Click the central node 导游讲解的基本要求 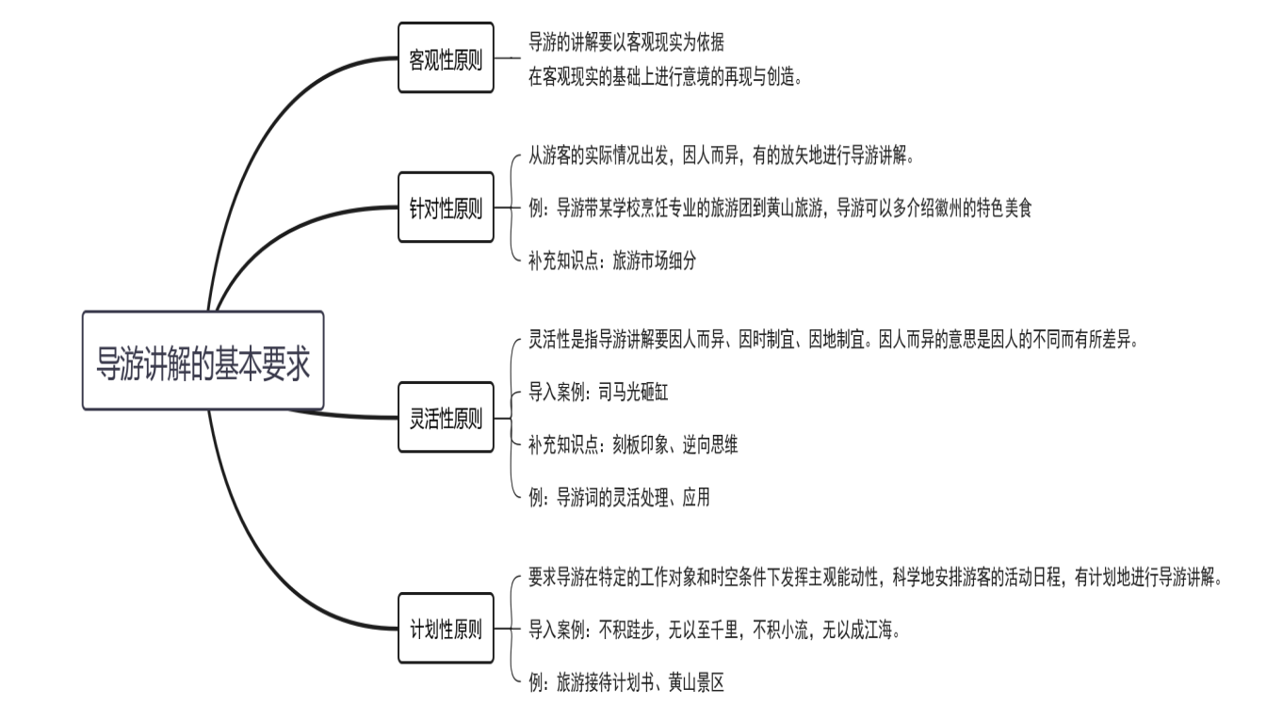click(203, 361)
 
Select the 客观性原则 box click(446, 57)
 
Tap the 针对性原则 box click(446, 208)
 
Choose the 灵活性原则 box click(446, 417)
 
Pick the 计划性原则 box click(446, 628)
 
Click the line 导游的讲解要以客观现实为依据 click(626, 42)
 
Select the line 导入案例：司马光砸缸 click(598, 393)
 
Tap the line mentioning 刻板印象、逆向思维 click(633, 445)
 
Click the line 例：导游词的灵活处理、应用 click(619, 498)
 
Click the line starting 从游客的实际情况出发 click(722, 156)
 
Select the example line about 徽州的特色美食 click(780, 208)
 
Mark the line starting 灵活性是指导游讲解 click(834, 341)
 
